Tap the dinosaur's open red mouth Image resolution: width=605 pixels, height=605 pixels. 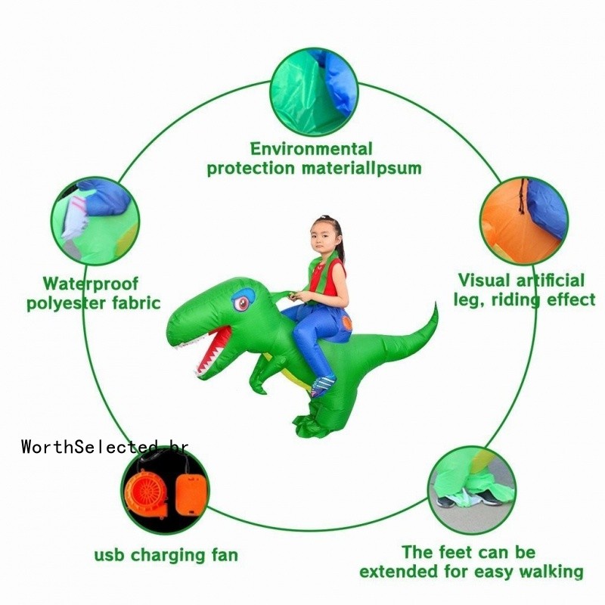click(213, 349)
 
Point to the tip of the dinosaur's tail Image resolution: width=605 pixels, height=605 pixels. click(436, 303)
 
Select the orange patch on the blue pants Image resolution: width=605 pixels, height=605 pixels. click(347, 322)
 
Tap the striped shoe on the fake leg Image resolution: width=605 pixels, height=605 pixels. click(322, 385)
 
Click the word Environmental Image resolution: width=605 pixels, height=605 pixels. click(312, 149)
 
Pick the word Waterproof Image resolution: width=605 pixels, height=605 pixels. click(90, 284)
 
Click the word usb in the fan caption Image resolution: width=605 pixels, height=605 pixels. click(109, 556)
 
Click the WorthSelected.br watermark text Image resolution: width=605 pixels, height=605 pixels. click(105, 447)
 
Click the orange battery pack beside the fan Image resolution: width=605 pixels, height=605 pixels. click(191, 493)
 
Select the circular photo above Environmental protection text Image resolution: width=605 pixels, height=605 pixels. click(314, 92)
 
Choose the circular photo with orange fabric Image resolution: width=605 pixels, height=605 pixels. click(524, 221)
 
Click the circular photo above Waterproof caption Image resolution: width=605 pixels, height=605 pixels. click(95, 221)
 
